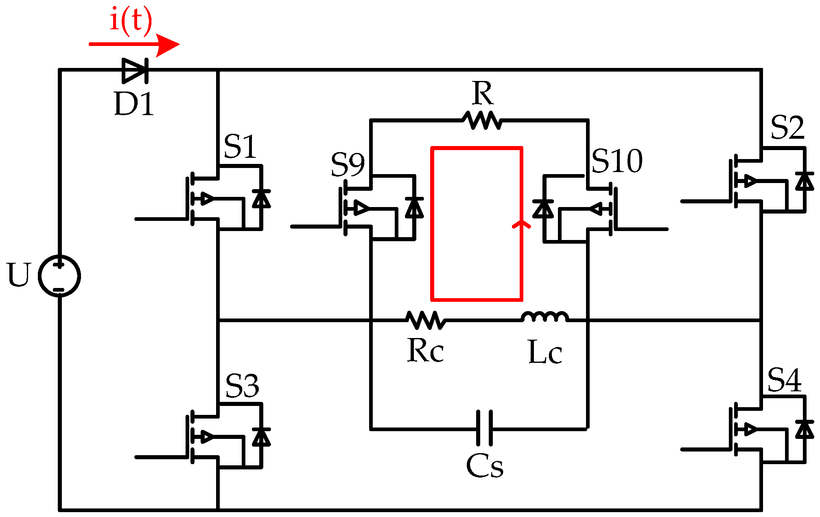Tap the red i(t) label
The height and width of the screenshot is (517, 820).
tap(131, 20)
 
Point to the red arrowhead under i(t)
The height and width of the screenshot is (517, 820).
tap(167, 44)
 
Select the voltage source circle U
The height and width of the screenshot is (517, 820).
tap(59, 276)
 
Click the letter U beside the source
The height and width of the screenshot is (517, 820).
tap(19, 275)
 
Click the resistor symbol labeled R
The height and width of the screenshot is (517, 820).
tap(482, 120)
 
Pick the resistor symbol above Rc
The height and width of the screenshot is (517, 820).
tap(426, 320)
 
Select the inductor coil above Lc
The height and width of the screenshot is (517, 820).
tap(545, 317)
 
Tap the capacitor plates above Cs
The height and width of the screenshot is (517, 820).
tap(484, 428)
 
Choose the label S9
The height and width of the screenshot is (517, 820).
tap(348, 165)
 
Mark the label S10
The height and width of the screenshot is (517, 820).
tap(617, 161)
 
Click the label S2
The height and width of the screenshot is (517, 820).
tap(787, 128)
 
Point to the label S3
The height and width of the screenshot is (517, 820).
tap(242, 386)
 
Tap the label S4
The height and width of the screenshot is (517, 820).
tap(784, 380)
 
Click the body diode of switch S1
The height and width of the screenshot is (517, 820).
tap(261, 198)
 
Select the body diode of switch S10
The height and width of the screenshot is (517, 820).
tap(543, 209)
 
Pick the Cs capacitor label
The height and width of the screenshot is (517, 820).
tap(484, 466)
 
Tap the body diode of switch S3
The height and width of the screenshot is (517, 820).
tap(261, 437)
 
